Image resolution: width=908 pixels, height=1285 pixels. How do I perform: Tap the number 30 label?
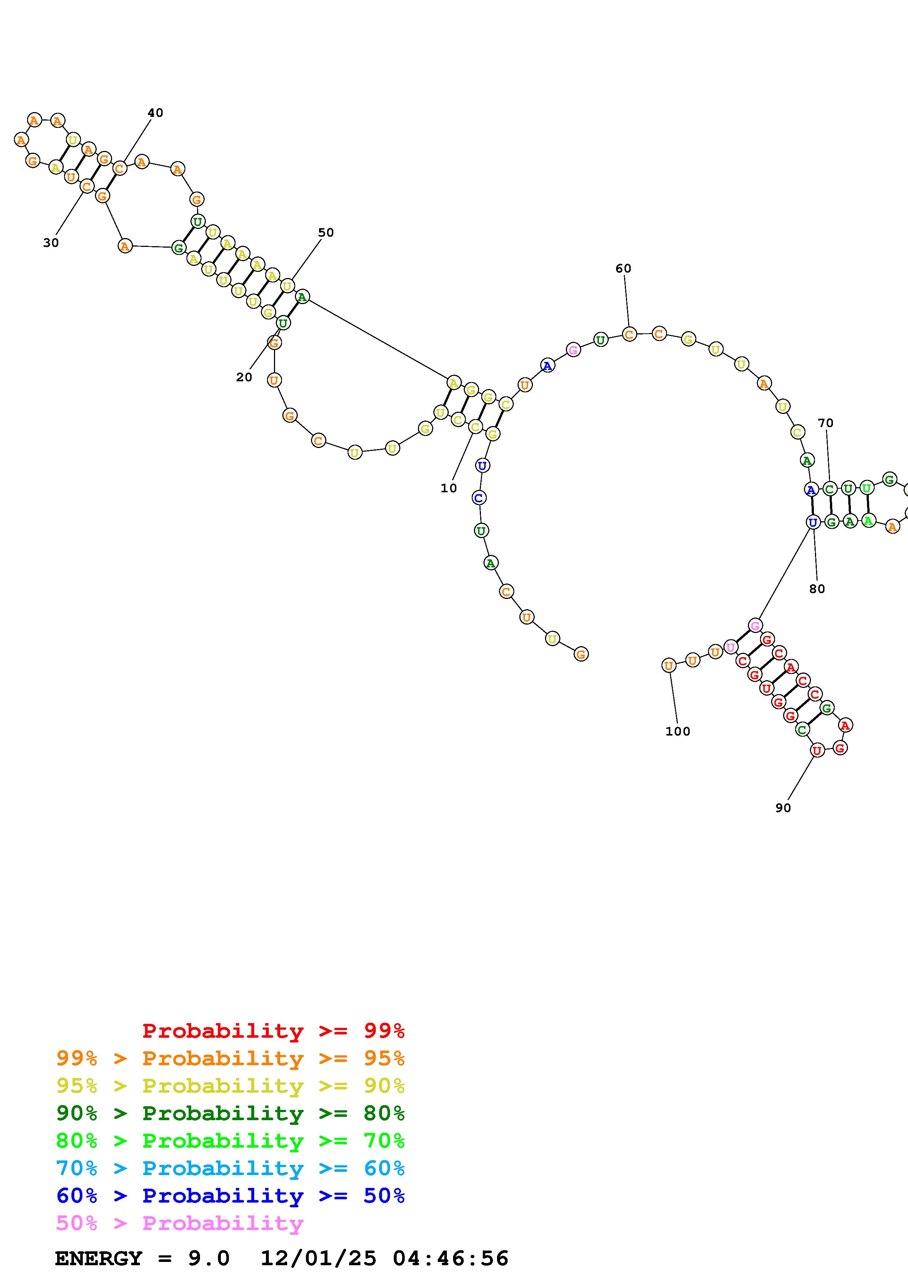pyautogui.click(x=51, y=243)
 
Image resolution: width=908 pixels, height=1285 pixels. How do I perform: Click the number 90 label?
pyautogui.click(x=783, y=808)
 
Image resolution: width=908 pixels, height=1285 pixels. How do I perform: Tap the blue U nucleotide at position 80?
pyautogui.click(x=813, y=522)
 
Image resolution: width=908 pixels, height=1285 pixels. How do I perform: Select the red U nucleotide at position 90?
pyautogui.click(x=818, y=750)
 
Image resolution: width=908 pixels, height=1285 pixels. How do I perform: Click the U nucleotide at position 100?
pyautogui.click(x=668, y=666)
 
